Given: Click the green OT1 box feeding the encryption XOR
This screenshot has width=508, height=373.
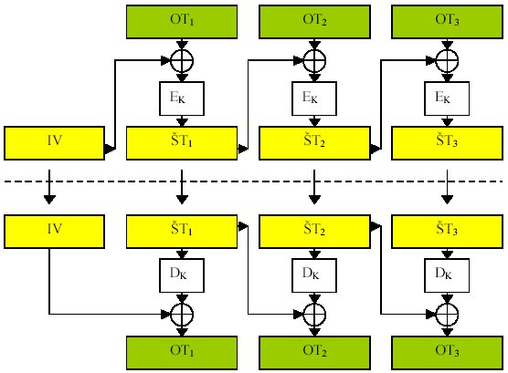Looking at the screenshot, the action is click(x=182, y=22).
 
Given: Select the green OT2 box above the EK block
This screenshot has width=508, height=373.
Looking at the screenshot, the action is click(x=314, y=22).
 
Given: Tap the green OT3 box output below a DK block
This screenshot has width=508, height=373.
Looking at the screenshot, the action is click(x=447, y=353).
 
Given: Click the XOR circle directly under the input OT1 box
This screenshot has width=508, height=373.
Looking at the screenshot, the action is click(x=182, y=60).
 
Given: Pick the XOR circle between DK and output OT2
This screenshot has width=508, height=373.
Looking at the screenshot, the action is click(x=314, y=314).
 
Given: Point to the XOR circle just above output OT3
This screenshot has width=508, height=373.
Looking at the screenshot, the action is click(x=447, y=314).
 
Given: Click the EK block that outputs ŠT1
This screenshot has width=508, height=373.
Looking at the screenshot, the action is click(x=182, y=98).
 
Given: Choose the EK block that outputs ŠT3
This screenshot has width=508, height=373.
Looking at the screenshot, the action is click(x=447, y=98).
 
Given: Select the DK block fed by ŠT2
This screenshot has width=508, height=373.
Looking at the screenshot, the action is click(x=314, y=275).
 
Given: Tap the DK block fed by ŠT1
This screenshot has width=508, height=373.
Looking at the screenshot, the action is click(x=182, y=275).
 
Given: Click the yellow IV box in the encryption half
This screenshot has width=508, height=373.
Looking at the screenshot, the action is click(x=55, y=143).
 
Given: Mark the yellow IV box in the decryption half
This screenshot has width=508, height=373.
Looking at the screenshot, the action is click(x=55, y=232).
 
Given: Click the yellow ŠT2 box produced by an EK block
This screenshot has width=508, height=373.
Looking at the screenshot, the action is click(x=314, y=143).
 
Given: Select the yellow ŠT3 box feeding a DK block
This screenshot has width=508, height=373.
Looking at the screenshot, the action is click(x=447, y=232).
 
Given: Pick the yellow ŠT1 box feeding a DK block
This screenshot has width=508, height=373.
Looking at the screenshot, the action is click(x=182, y=232).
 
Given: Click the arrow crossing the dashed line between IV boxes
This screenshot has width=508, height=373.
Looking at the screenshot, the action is click(x=49, y=187).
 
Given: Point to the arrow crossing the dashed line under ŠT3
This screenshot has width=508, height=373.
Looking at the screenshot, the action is click(x=447, y=187).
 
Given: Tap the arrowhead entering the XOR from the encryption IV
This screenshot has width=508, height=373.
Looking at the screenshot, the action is click(x=165, y=60).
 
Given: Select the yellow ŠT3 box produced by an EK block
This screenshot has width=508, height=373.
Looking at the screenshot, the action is click(x=447, y=143).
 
